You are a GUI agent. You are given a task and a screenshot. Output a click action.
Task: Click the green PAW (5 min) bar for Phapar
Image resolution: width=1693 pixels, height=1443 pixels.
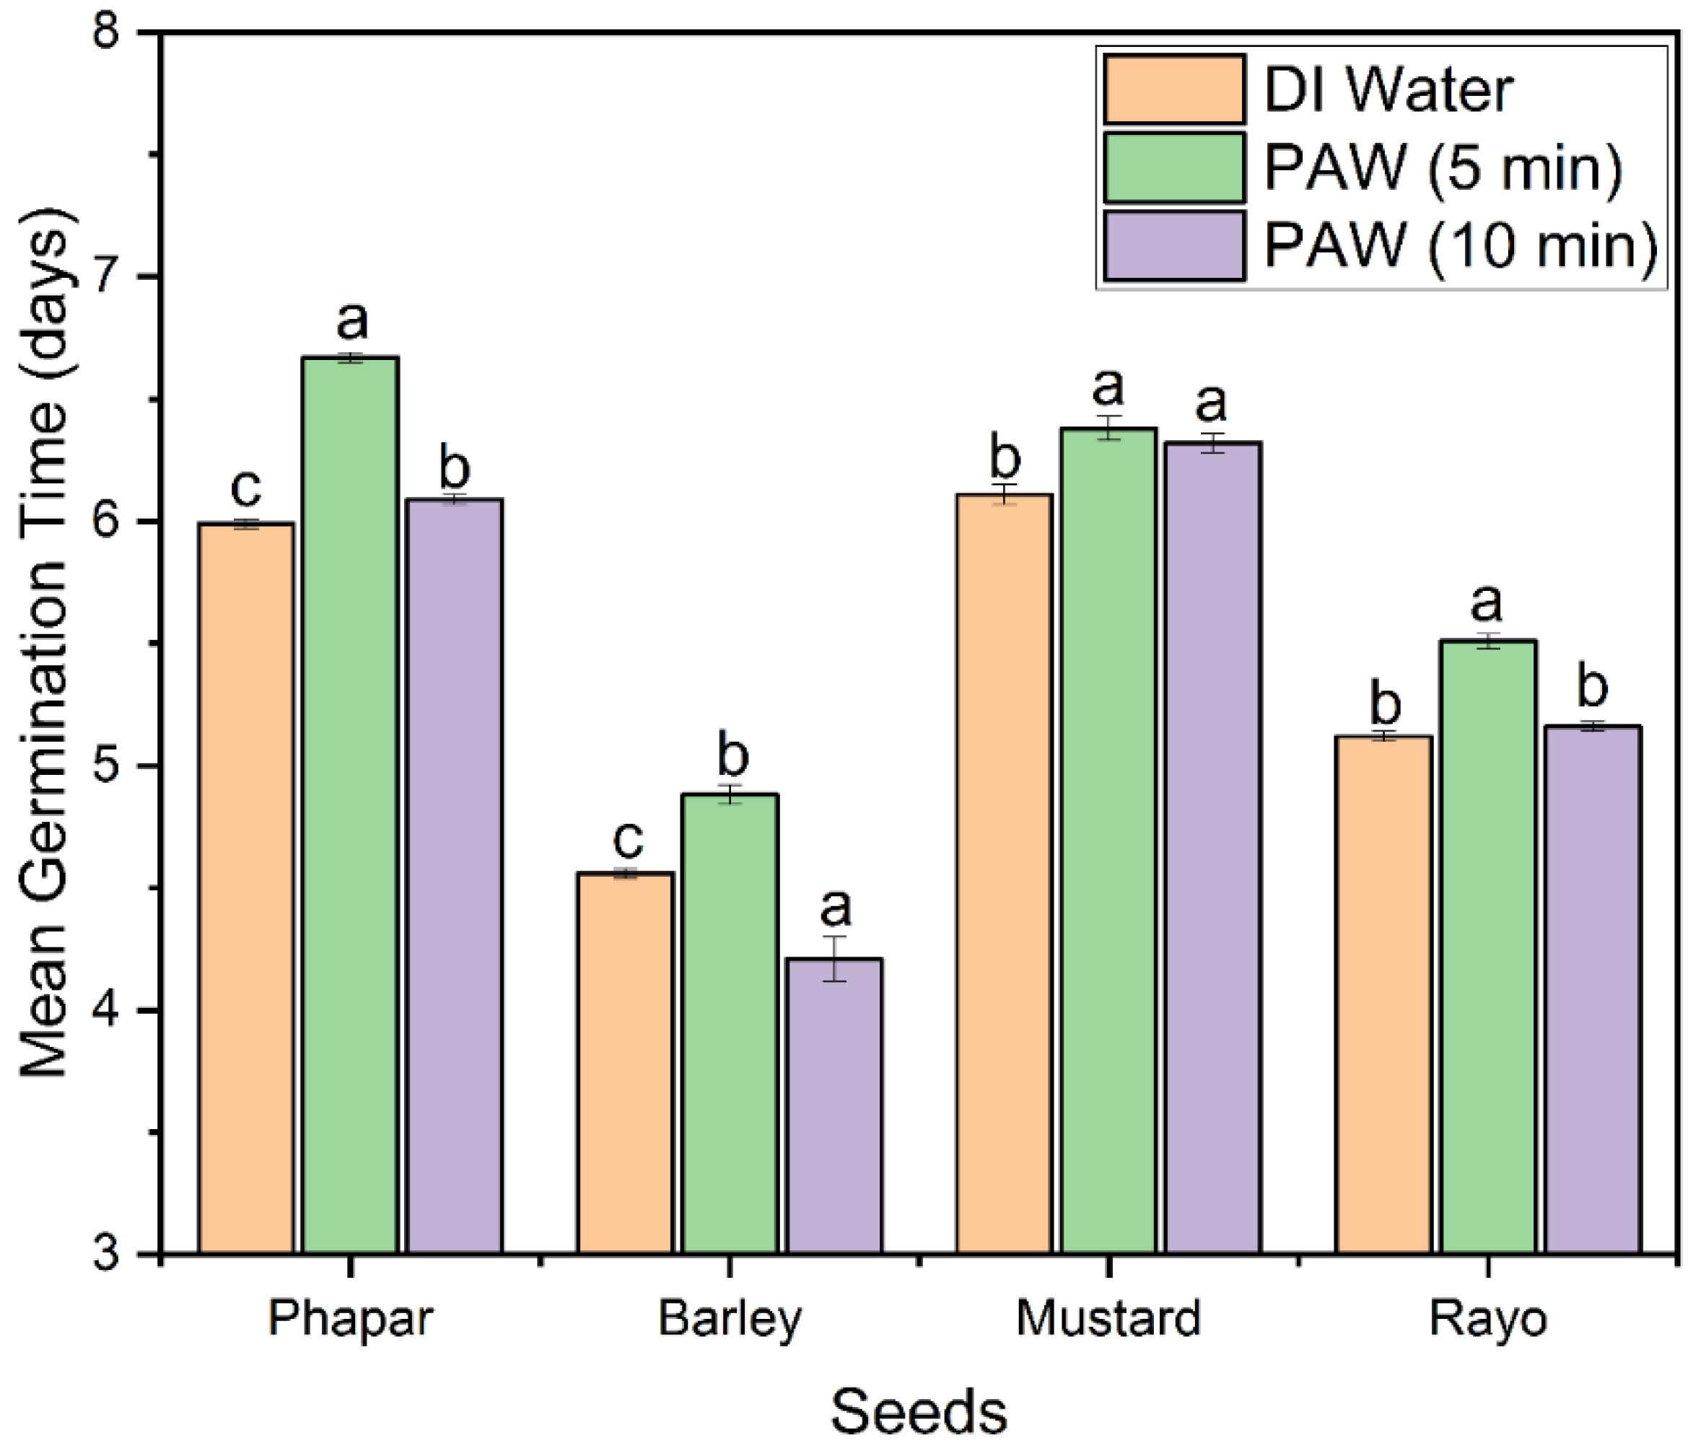[x=351, y=805]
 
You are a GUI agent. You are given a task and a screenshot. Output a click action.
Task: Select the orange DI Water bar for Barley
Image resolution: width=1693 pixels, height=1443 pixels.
[x=625, y=1062]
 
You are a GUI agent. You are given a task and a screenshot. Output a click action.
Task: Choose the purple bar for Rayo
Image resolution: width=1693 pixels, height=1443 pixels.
[x=1593, y=988]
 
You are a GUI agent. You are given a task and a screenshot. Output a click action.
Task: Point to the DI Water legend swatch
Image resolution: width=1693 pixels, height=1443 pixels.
[x=1173, y=89]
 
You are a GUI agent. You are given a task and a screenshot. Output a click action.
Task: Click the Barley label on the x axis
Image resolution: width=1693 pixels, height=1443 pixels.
[x=730, y=1318]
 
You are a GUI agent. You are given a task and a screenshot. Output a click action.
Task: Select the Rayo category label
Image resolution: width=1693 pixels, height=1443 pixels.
[x=1487, y=1318]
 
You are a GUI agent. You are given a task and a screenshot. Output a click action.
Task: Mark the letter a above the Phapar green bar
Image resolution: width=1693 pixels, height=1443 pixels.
[x=352, y=321]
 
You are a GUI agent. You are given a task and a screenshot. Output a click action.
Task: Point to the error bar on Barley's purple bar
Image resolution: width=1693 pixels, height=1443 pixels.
[x=834, y=957]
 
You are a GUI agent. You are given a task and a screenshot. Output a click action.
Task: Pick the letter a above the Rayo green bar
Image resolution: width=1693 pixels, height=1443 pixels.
[x=1487, y=604]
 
